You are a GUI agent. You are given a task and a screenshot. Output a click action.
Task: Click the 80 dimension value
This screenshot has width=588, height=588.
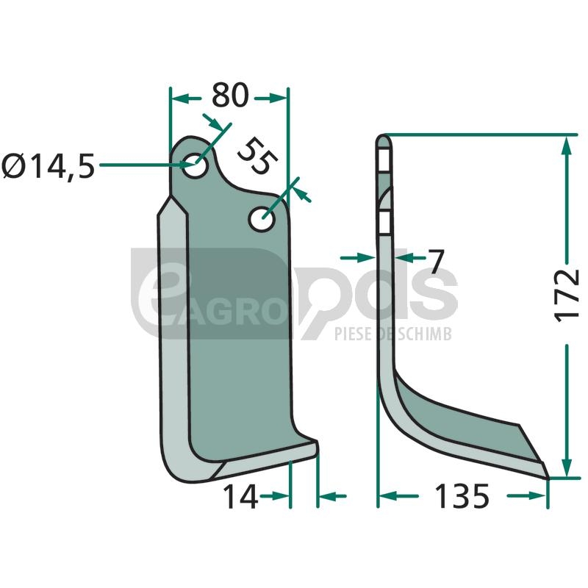[x=230, y=96]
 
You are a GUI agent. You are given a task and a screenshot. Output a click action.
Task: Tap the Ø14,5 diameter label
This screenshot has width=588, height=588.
[x=48, y=166]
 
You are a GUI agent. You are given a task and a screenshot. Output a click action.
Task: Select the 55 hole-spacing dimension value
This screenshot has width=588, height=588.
[x=258, y=156]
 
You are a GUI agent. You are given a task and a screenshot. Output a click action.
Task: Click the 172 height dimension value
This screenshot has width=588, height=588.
[x=566, y=295]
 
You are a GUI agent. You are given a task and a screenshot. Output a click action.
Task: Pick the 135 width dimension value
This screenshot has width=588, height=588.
[x=462, y=496]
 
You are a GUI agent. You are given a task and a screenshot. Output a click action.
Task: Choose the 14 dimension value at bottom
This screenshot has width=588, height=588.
[x=240, y=497]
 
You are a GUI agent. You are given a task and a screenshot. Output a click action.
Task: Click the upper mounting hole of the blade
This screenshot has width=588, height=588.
[x=195, y=165]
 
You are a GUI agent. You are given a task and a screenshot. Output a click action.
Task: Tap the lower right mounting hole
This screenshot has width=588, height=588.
[x=262, y=218]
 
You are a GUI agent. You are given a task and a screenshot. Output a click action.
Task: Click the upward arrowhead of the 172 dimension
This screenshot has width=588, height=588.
[x=567, y=145]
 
